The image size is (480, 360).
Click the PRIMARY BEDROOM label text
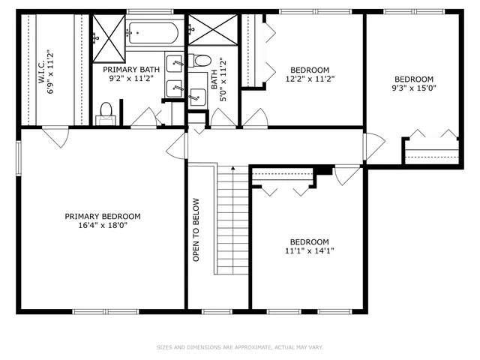[102, 216]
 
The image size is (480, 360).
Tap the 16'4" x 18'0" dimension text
[102, 225]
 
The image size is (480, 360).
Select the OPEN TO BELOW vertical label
[196, 229]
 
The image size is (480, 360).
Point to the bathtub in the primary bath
[152, 32]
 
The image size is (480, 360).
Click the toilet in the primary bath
[106, 112]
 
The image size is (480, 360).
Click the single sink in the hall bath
[197, 95]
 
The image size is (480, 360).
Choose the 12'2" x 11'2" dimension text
[310, 77]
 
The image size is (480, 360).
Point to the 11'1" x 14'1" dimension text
[309, 250]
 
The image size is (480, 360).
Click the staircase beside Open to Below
[232, 225]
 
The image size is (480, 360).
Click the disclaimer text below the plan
[239, 347]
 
